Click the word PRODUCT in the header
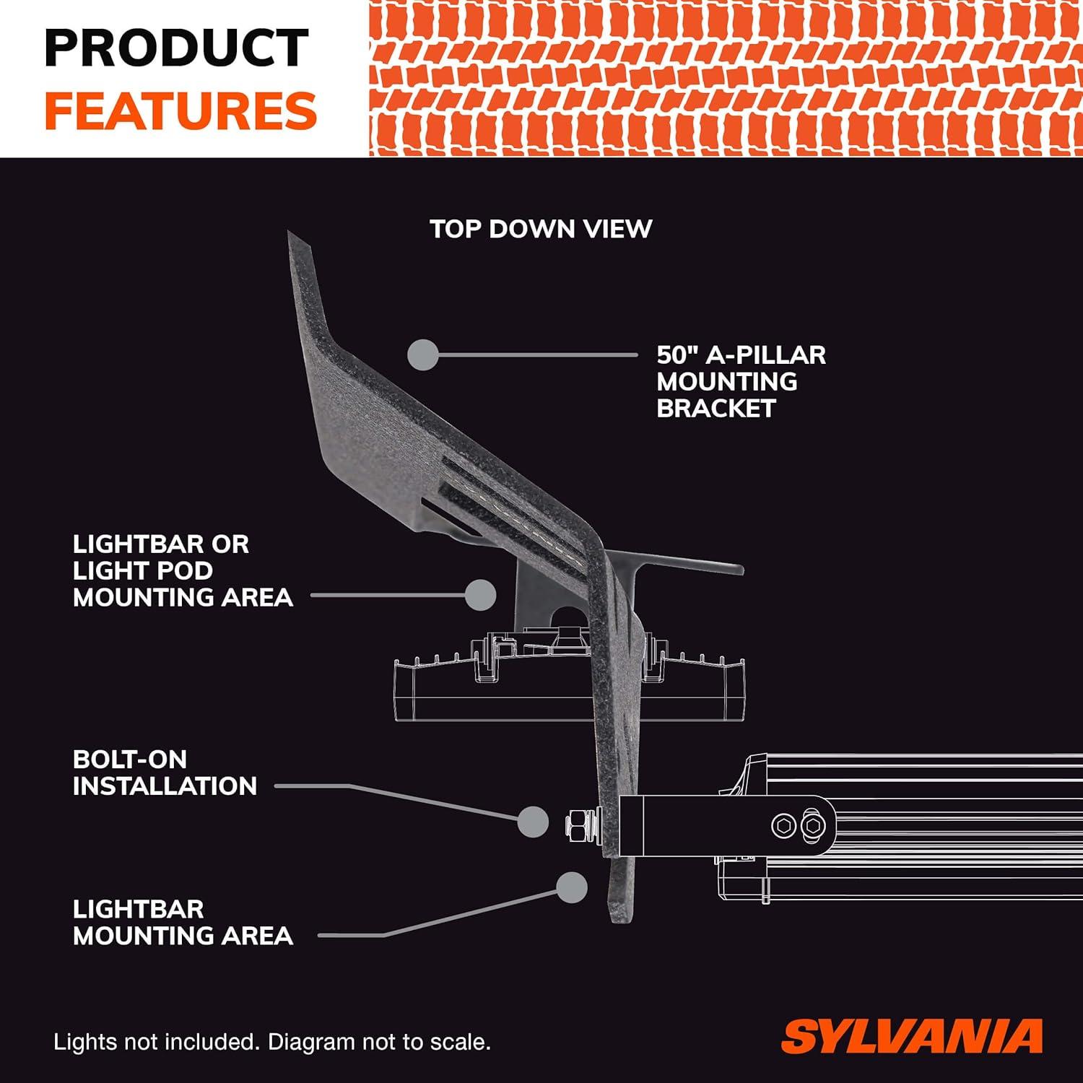tap(177, 48)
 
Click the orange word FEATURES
tap(180, 110)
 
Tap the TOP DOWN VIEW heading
tap(541, 229)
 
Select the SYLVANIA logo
tap(912, 1036)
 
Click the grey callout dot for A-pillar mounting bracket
tap(423, 355)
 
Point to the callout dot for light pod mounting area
tap(480, 595)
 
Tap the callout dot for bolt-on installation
tap(534, 822)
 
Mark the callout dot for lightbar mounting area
tap(572, 887)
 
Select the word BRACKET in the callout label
tap(716, 408)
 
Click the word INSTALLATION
tap(165, 786)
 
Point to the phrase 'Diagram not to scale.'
tap(380, 1042)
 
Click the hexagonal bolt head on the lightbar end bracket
tap(813, 825)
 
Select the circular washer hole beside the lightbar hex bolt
tap(784, 825)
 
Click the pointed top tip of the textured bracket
tap(290, 232)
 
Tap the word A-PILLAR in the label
tap(765, 355)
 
